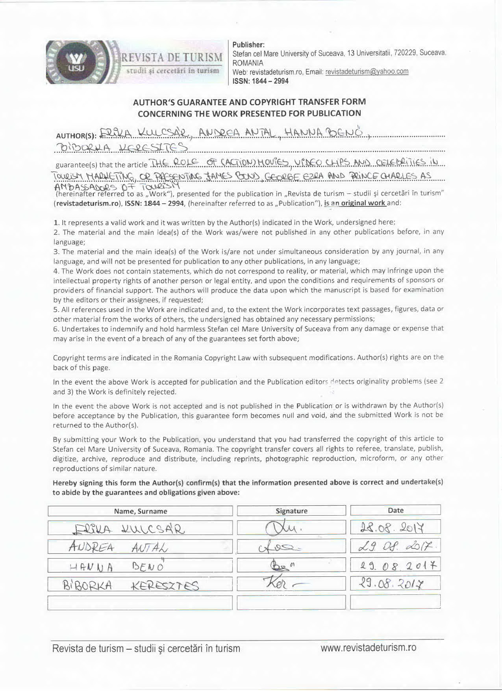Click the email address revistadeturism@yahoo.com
(367, 72)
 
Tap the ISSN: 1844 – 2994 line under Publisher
(260, 81)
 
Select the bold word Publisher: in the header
(248, 45)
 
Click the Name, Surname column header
(141, 511)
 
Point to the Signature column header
(291, 511)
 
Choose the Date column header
(395, 510)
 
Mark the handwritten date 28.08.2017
(392, 528)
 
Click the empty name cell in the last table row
(140, 603)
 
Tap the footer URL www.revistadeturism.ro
(368, 648)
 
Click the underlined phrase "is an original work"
(355, 203)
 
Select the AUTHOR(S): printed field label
(76, 136)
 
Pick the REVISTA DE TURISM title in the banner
(172, 58)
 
